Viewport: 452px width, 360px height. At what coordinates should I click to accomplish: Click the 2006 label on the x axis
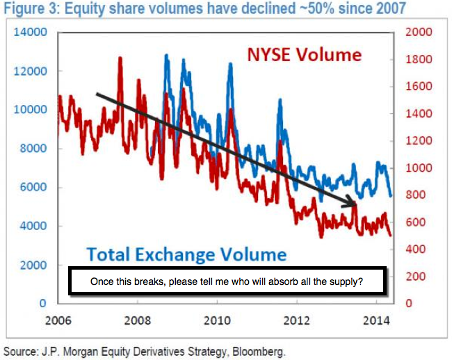point(58,322)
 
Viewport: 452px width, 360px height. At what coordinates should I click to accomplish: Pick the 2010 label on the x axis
point(216,322)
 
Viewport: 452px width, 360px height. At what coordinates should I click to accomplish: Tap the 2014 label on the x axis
point(376,322)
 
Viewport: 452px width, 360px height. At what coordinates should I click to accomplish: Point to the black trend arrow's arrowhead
point(353,204)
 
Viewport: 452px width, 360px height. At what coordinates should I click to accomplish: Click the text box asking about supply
point(227,283)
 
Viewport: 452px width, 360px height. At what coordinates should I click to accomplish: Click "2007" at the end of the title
point(389,9)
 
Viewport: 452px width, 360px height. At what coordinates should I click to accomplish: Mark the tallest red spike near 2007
point(120,60)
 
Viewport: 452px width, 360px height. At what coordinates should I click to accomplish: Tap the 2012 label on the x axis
point(296,322)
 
